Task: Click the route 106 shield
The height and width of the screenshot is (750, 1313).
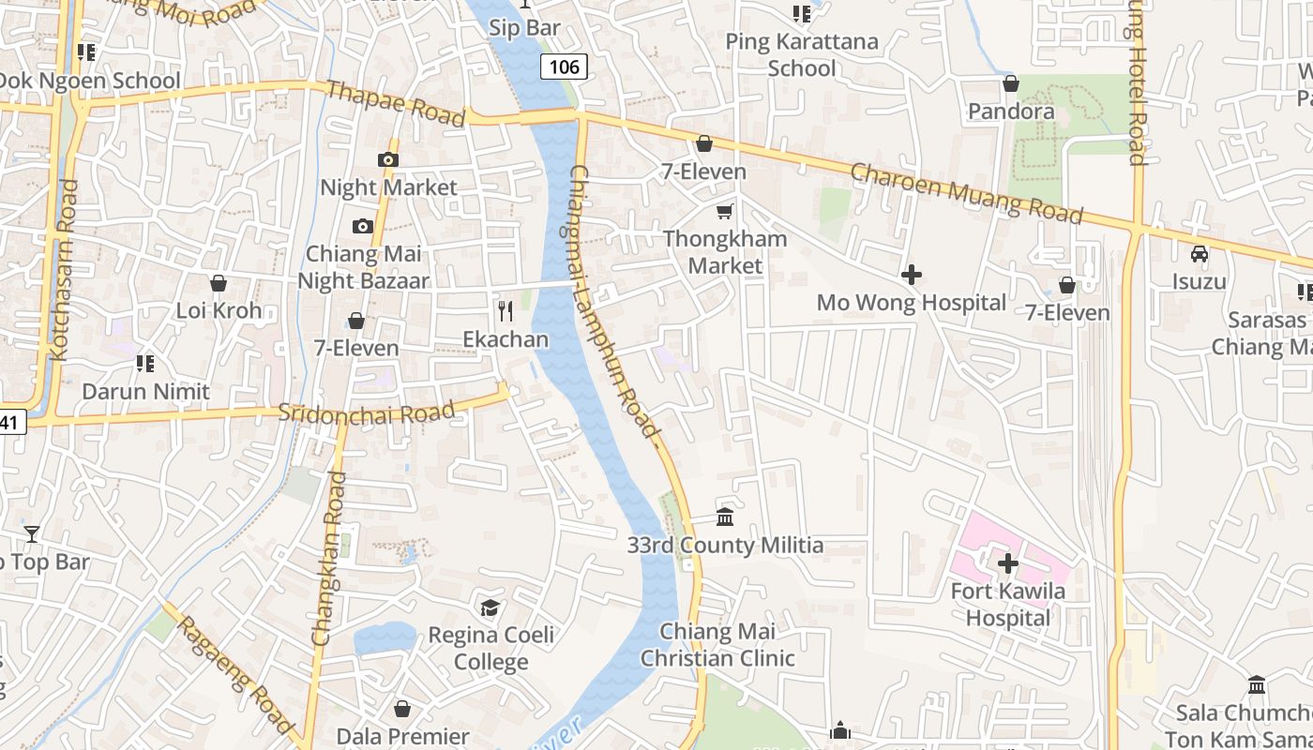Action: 564,67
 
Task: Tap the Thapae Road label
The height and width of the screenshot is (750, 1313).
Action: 395,103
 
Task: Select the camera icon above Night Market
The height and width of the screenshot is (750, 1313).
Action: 388,159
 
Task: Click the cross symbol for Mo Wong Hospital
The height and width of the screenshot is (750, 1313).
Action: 911,275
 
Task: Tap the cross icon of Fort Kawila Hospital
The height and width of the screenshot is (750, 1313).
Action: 1008,563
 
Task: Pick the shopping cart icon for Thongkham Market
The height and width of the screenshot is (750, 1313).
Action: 724,211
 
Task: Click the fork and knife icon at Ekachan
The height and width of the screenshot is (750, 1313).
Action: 505,310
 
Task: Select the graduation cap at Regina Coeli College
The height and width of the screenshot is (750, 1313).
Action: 490,608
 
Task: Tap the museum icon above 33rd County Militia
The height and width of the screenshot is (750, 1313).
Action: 725,517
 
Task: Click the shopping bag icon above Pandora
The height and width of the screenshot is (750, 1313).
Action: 1010,83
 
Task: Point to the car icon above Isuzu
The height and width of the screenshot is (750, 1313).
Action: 1199,253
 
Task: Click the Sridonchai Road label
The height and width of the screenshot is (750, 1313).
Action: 367,412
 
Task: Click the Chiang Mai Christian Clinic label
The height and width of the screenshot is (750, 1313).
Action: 717,645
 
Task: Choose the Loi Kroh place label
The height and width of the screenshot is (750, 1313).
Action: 219,310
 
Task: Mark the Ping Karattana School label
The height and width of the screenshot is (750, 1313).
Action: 802,54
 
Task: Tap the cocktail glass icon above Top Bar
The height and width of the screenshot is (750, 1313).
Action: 32,534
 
